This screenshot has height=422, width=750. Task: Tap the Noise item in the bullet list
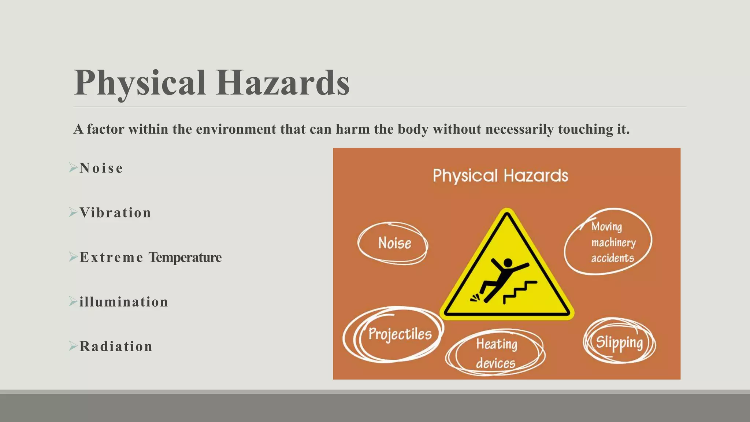point(101,168)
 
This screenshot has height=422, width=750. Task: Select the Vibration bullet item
point(115,213)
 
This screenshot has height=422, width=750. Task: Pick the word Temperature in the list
point(185,258)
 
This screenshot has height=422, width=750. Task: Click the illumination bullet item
point(124,302)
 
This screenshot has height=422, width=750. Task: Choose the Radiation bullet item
point(116,347)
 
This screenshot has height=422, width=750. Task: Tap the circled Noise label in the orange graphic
point(394,243)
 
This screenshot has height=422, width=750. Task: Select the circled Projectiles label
point(400,334)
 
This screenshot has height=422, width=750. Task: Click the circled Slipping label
point(619,342)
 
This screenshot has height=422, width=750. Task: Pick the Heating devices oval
point(496,353)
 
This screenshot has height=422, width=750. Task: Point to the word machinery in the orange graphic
point(613,243)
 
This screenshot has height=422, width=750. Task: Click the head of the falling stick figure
point(508,263)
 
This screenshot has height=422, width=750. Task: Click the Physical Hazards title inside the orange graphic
point(500,176)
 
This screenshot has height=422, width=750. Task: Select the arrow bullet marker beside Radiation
point(73,346)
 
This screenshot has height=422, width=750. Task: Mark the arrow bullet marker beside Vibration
point(73,212)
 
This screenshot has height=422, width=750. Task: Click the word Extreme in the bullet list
point(111,258)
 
